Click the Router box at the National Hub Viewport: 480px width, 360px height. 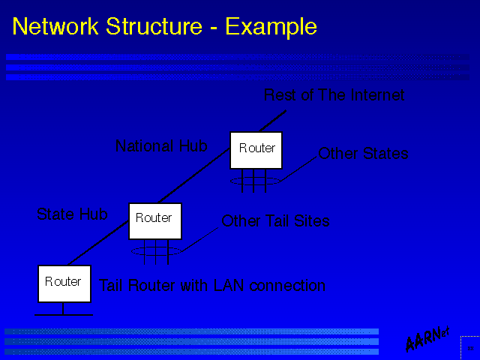[256, 149]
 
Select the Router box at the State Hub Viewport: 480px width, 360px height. [154, 220]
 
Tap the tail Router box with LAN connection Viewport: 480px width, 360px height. [64, 283]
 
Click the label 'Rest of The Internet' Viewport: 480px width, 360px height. [334, 95]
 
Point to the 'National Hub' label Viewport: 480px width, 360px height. [161, 146]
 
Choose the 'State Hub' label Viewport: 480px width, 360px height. [72, 214]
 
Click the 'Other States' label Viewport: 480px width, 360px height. [363, 154]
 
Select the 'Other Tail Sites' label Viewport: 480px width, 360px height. [275, 221]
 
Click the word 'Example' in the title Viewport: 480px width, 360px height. [271, 27]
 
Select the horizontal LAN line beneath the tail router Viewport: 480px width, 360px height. [64, 314]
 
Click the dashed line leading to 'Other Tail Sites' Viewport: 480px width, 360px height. [199, 236]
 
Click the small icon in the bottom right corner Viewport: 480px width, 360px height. [469, 349]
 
